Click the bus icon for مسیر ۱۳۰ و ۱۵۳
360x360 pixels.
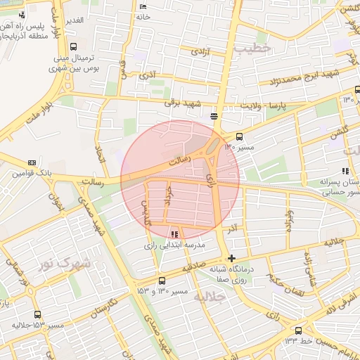click(163, 279)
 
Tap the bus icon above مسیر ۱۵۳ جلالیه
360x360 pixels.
click(37, 315)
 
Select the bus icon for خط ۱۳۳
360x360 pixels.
click(299, 330)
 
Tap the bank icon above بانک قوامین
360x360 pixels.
click(32, 162)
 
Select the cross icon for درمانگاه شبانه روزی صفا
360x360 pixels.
click(232, 259)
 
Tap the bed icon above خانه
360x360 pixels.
click(143, 6)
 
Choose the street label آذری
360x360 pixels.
click(148, 74)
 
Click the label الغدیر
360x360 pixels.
click(74, 20)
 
